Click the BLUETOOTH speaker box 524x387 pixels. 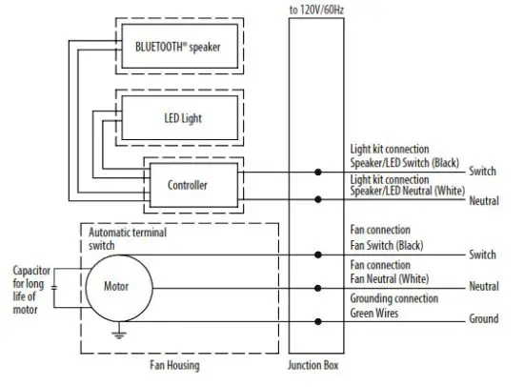click(x=180, y=46)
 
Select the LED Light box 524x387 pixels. click(x=180, y=118)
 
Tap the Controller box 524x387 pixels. click(x=193, y=185)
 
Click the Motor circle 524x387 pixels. click(x=119, y=288)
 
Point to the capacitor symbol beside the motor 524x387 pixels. click(x=53, y=288)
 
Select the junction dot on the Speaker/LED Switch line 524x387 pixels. click(x=318, y=173)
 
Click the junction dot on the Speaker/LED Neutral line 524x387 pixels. click(x=318, y=199)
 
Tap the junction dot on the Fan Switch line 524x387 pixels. click(x=318, y=255)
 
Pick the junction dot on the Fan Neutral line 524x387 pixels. click(x=318, y=288)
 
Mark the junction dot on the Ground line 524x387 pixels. click(x=318, y=321)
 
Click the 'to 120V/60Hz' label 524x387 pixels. click(x=316, y=10)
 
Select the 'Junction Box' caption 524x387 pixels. click(x=313, y=365)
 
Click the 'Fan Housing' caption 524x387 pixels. click(x=174, y=365)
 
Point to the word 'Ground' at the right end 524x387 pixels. click(x=484, y=318)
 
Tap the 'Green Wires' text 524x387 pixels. click(x=374, y=313)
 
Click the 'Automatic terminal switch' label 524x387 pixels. click(x=128, y=239)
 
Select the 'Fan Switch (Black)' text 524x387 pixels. click(x=387, y=246)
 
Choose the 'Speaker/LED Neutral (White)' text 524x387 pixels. click(x=408, y=191)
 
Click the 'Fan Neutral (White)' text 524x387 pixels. click(x=390, y=278)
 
